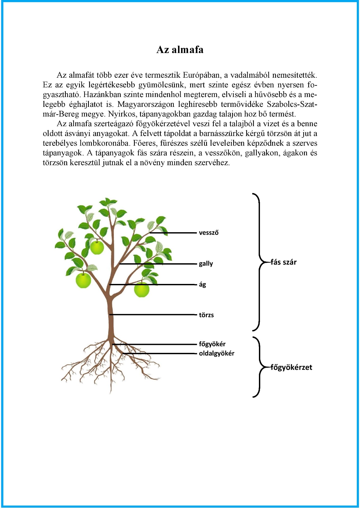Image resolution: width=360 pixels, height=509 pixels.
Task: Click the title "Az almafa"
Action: pyautogui.click(x=180, y=50)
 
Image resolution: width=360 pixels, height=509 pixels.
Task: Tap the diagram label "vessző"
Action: pyautogui.click(x=209, y=233)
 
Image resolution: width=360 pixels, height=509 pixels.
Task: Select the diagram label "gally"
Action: pyautogui.click(x=206, y=264)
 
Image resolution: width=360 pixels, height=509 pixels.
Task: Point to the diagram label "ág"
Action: pyautogui.click(x=202, y=284)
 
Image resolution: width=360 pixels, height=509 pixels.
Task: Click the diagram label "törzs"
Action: pyautogui.click(x=206, y=315)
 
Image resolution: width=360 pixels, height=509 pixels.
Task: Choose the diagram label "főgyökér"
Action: pyautogui.click(x=212, y=344)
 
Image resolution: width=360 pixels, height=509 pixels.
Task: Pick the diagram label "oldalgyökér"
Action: pyautogui.click(x=216, y=353)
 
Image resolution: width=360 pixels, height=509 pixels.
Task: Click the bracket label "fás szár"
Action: pyautogui.click(x=283, y=262)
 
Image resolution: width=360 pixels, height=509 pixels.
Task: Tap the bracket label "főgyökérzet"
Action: pyautogui.click(x=291, y=367)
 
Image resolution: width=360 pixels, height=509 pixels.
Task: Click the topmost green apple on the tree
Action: pyautogui.click(x=97, y=247)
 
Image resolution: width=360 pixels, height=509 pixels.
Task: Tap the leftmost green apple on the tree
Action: pyautogui.click(x=83, y=280)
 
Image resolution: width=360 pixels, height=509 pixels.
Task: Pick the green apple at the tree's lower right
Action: pyautogui.click(x=142, y=290)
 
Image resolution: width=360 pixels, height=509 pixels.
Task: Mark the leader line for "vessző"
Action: pyautogui.click(x=173, y=233)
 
